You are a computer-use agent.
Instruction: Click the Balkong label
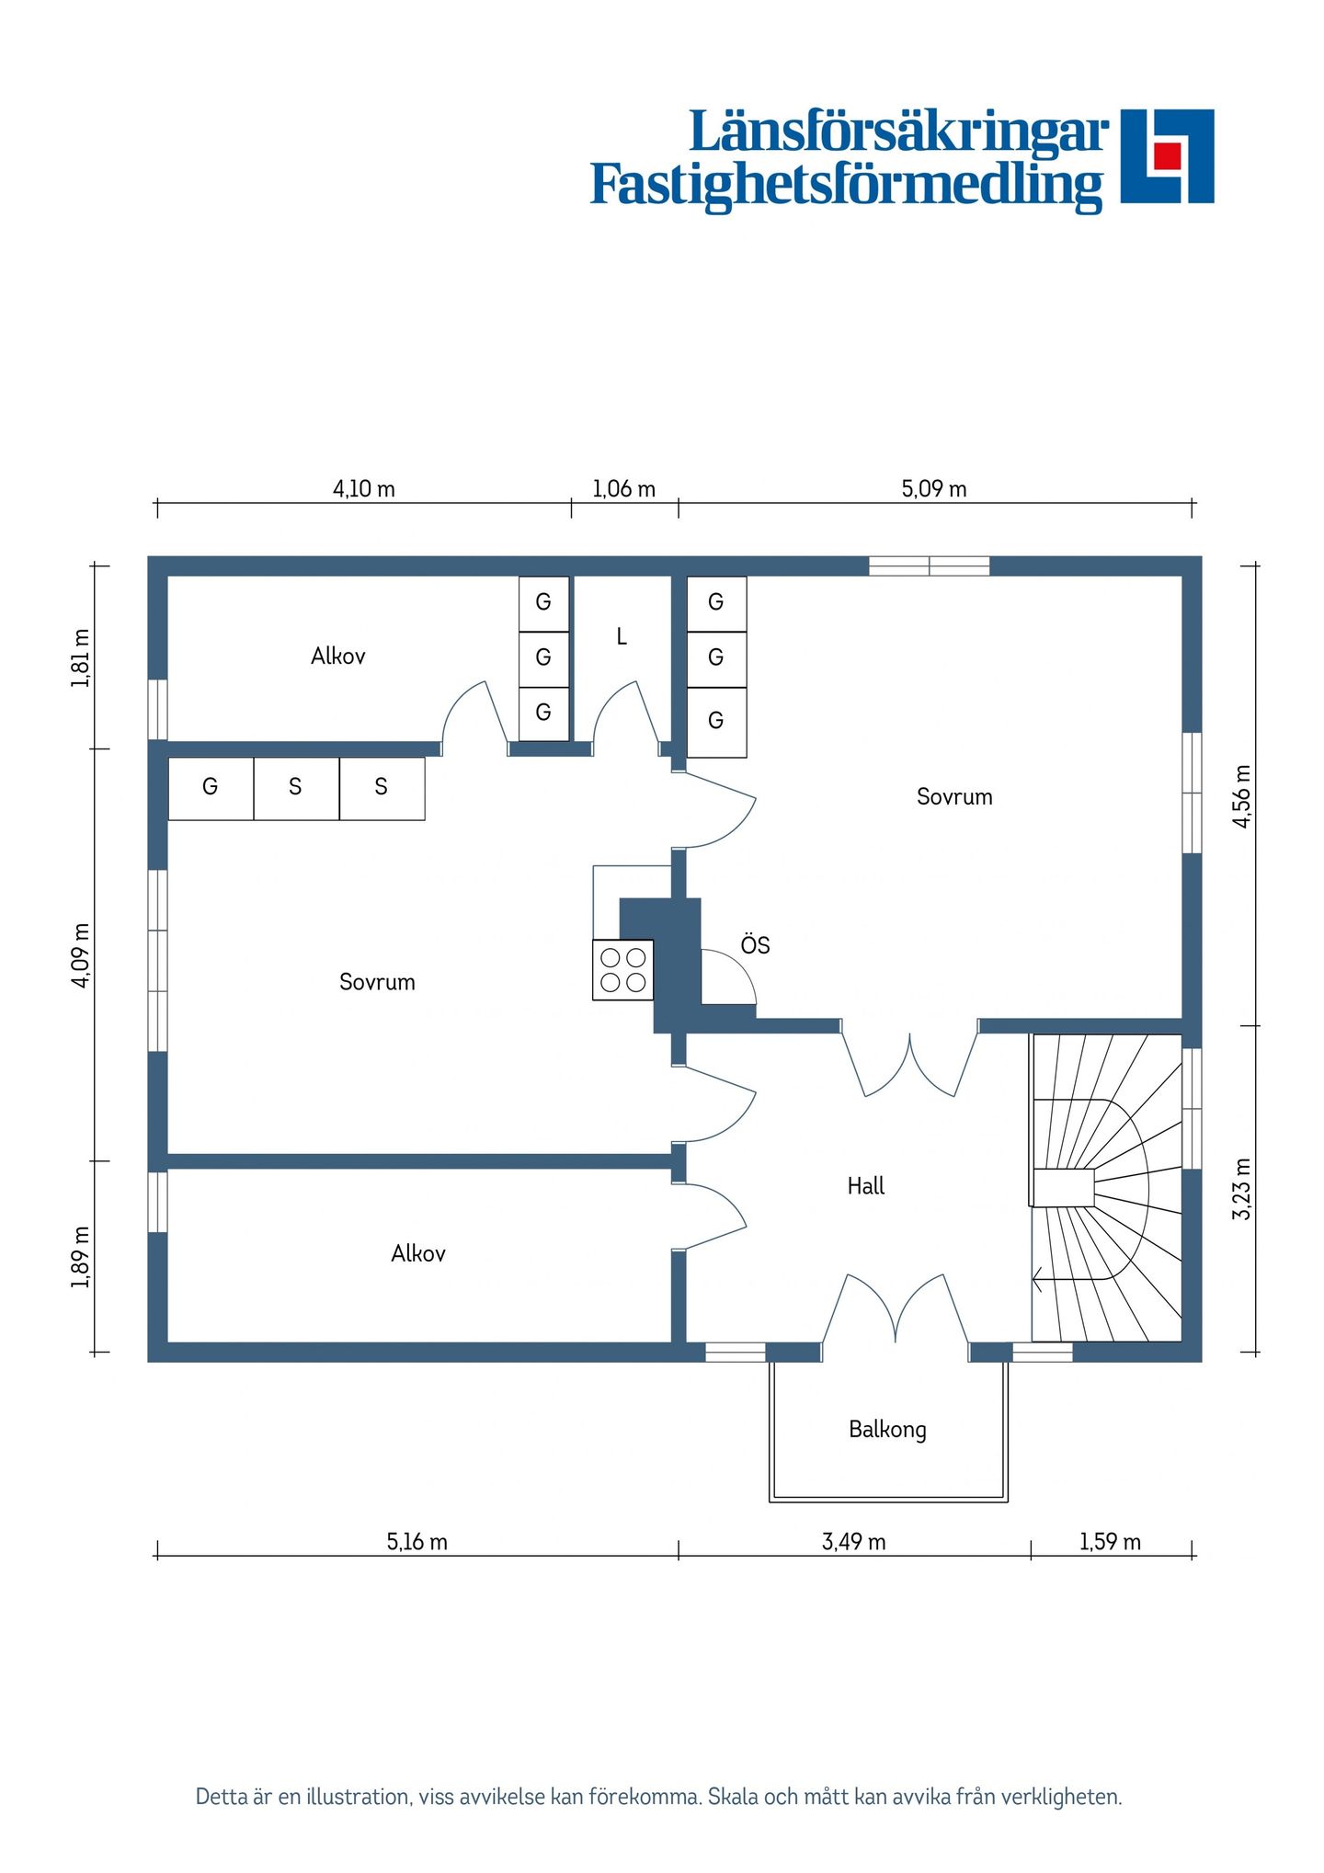coord(887,1430)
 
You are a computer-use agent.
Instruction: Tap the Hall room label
coord(866,1186)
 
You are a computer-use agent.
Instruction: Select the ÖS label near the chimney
coord(755,944)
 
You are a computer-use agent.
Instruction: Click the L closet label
coord(622,636)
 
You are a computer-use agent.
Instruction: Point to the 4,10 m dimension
coord(364,488)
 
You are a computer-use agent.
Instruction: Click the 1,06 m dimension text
coord(624,488)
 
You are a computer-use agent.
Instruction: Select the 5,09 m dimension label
coord(934,488)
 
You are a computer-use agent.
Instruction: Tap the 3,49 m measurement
coord(854,1542)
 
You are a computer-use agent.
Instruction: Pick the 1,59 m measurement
coord(1111,1542)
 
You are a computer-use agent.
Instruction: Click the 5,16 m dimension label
coord(417,1542)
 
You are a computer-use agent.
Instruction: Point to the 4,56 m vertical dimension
coord(1242,796)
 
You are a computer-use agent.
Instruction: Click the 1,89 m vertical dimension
coord(81,1257)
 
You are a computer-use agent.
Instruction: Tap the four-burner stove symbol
coord(623,970)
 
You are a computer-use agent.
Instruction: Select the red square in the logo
coord(1167,155)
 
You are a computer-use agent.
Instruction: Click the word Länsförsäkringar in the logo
coord(899,133)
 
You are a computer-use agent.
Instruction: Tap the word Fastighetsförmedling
coord(847,185)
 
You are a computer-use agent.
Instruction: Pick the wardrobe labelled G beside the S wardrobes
coord(211,788)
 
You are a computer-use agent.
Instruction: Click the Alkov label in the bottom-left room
coord(418,1253)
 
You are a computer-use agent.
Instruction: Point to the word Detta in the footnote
coord(223,1797)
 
